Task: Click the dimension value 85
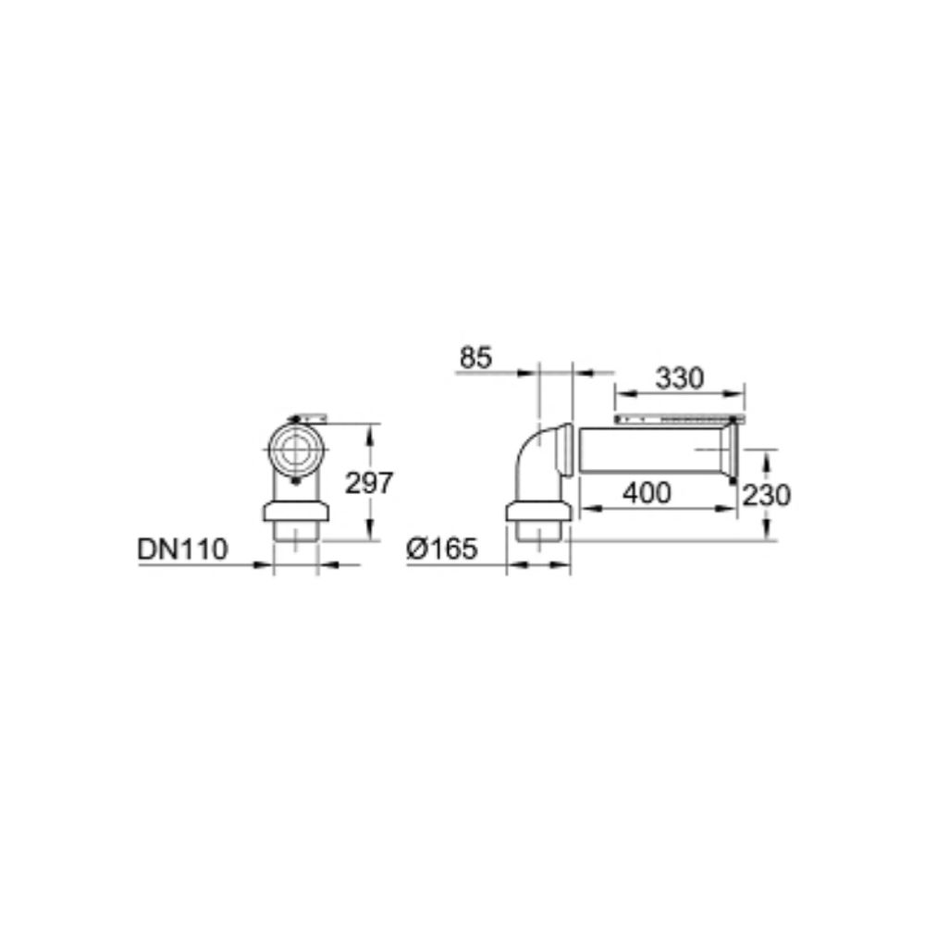(475, 357)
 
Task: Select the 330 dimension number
(680, 378)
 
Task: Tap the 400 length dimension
(647, 493)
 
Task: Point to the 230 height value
(766, 496)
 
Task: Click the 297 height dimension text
(369, 483)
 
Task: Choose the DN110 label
(182, 549)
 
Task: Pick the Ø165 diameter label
(442, 549)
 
